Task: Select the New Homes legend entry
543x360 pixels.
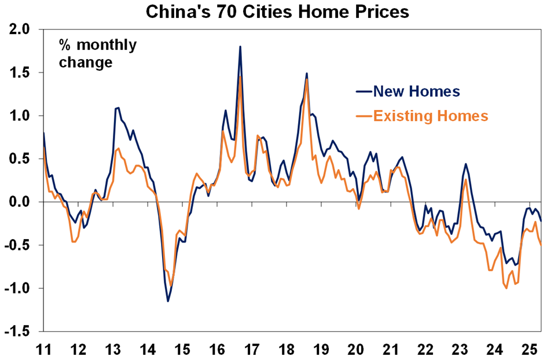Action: point(416,91)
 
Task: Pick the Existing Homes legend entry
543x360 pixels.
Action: point(430,116)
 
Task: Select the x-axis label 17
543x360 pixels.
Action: point(252,349)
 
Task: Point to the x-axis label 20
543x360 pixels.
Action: point(356,349)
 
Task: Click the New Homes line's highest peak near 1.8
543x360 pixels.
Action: point(240,46)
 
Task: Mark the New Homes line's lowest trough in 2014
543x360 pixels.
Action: point(168,301)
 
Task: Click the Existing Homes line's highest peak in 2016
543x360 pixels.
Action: point(240,77)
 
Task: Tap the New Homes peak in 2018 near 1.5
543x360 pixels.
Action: point(306,74)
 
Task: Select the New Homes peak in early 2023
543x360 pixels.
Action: point(467,164)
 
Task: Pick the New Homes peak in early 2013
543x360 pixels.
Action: point(118,108)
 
